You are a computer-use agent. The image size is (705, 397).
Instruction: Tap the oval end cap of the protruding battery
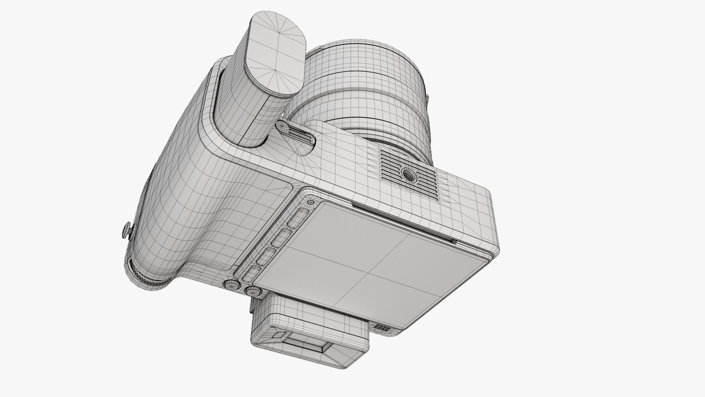coord(275,55)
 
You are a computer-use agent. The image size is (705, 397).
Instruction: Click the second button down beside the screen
coord(282,237)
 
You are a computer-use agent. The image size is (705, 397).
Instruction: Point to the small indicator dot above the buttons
coord(311,202)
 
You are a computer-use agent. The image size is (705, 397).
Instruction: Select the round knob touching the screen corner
coord(253,292)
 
